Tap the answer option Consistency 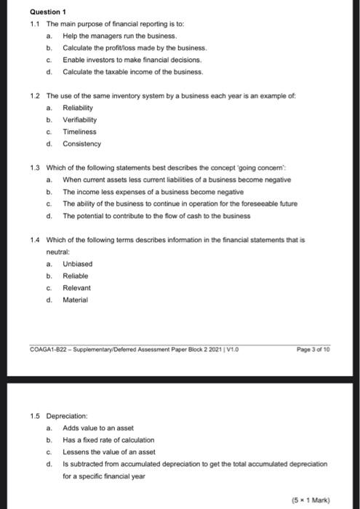[81, 144]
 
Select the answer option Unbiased [77, 264]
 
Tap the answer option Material [76, 300]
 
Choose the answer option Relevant [77, 288]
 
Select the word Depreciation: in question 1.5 [67, 416]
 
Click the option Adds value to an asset [98, 428]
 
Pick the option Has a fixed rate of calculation [108, 440]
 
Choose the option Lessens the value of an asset [108, 452]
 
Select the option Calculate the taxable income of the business [133, 73]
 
